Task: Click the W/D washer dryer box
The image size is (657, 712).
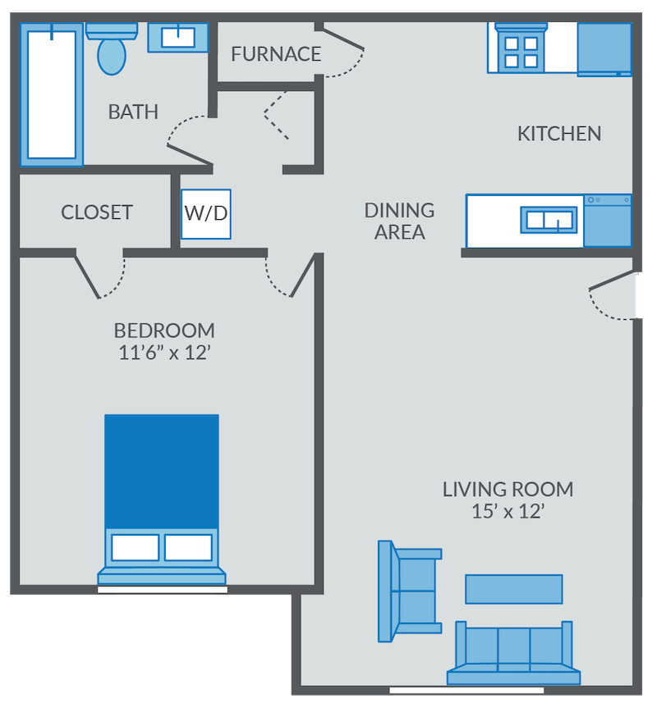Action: (x=205, y=214)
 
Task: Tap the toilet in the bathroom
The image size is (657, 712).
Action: (x=111, y=51)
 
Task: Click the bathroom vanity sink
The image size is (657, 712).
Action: (x=177, y=37)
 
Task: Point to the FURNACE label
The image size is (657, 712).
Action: (x=276, y=54)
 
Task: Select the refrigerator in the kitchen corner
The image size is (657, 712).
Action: (x=604, y=48)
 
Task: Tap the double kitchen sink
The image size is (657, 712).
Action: (x=549, y=220)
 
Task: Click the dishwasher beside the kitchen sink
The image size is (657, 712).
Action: (x=608, y=221)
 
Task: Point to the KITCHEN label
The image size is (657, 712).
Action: (x=559, y=133)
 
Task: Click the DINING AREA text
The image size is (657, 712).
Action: (x=399, y=221)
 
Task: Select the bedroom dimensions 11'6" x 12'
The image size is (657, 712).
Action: (x=164, y=354)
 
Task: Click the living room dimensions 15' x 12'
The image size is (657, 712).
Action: (x=508, y=512)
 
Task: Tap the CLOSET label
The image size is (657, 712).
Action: (x=97, y=212)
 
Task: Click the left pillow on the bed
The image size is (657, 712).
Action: (x=135, y=547)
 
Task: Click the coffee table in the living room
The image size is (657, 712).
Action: (x=514, y=589)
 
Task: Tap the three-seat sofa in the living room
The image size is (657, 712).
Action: (x=513, y=652)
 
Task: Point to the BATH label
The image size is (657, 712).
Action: (x=133, y=112)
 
